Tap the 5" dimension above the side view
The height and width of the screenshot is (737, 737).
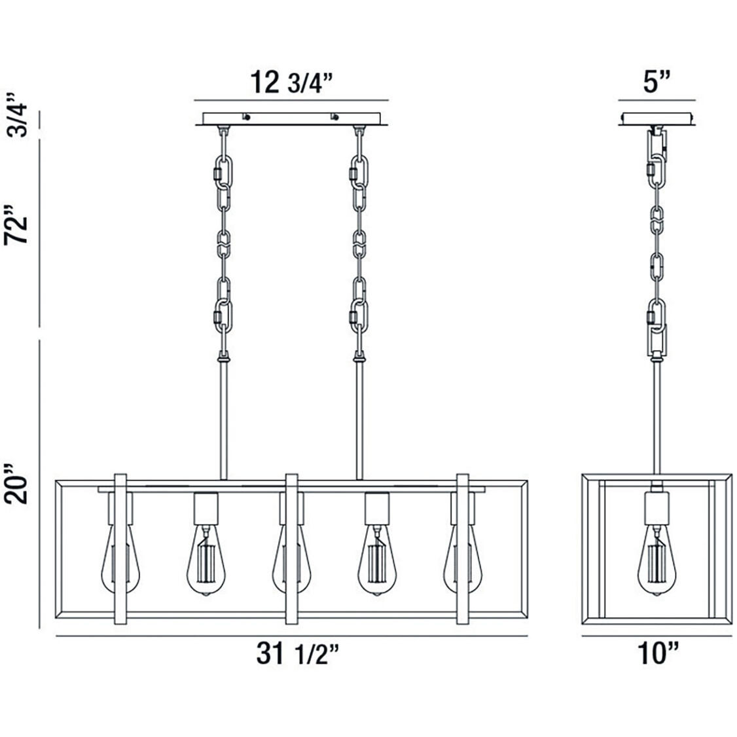pyautogui.click(x=656, y=83)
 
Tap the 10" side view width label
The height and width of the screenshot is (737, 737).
pyautogui.click(x=656, y=655)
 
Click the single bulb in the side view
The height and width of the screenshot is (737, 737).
pyautogui.click(x=656, y=560)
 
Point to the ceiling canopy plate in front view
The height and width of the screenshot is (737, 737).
pyautogui.click(x=291, y=118)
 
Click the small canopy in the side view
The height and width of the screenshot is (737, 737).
pyautogui.click(x=656, y=118)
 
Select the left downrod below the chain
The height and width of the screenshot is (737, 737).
pyautogui.click(x=225, y=419)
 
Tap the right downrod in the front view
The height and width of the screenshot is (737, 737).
pyautogui.click(x=359, y=419)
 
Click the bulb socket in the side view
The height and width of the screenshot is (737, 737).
pyautogui.click(x=656, y=507)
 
